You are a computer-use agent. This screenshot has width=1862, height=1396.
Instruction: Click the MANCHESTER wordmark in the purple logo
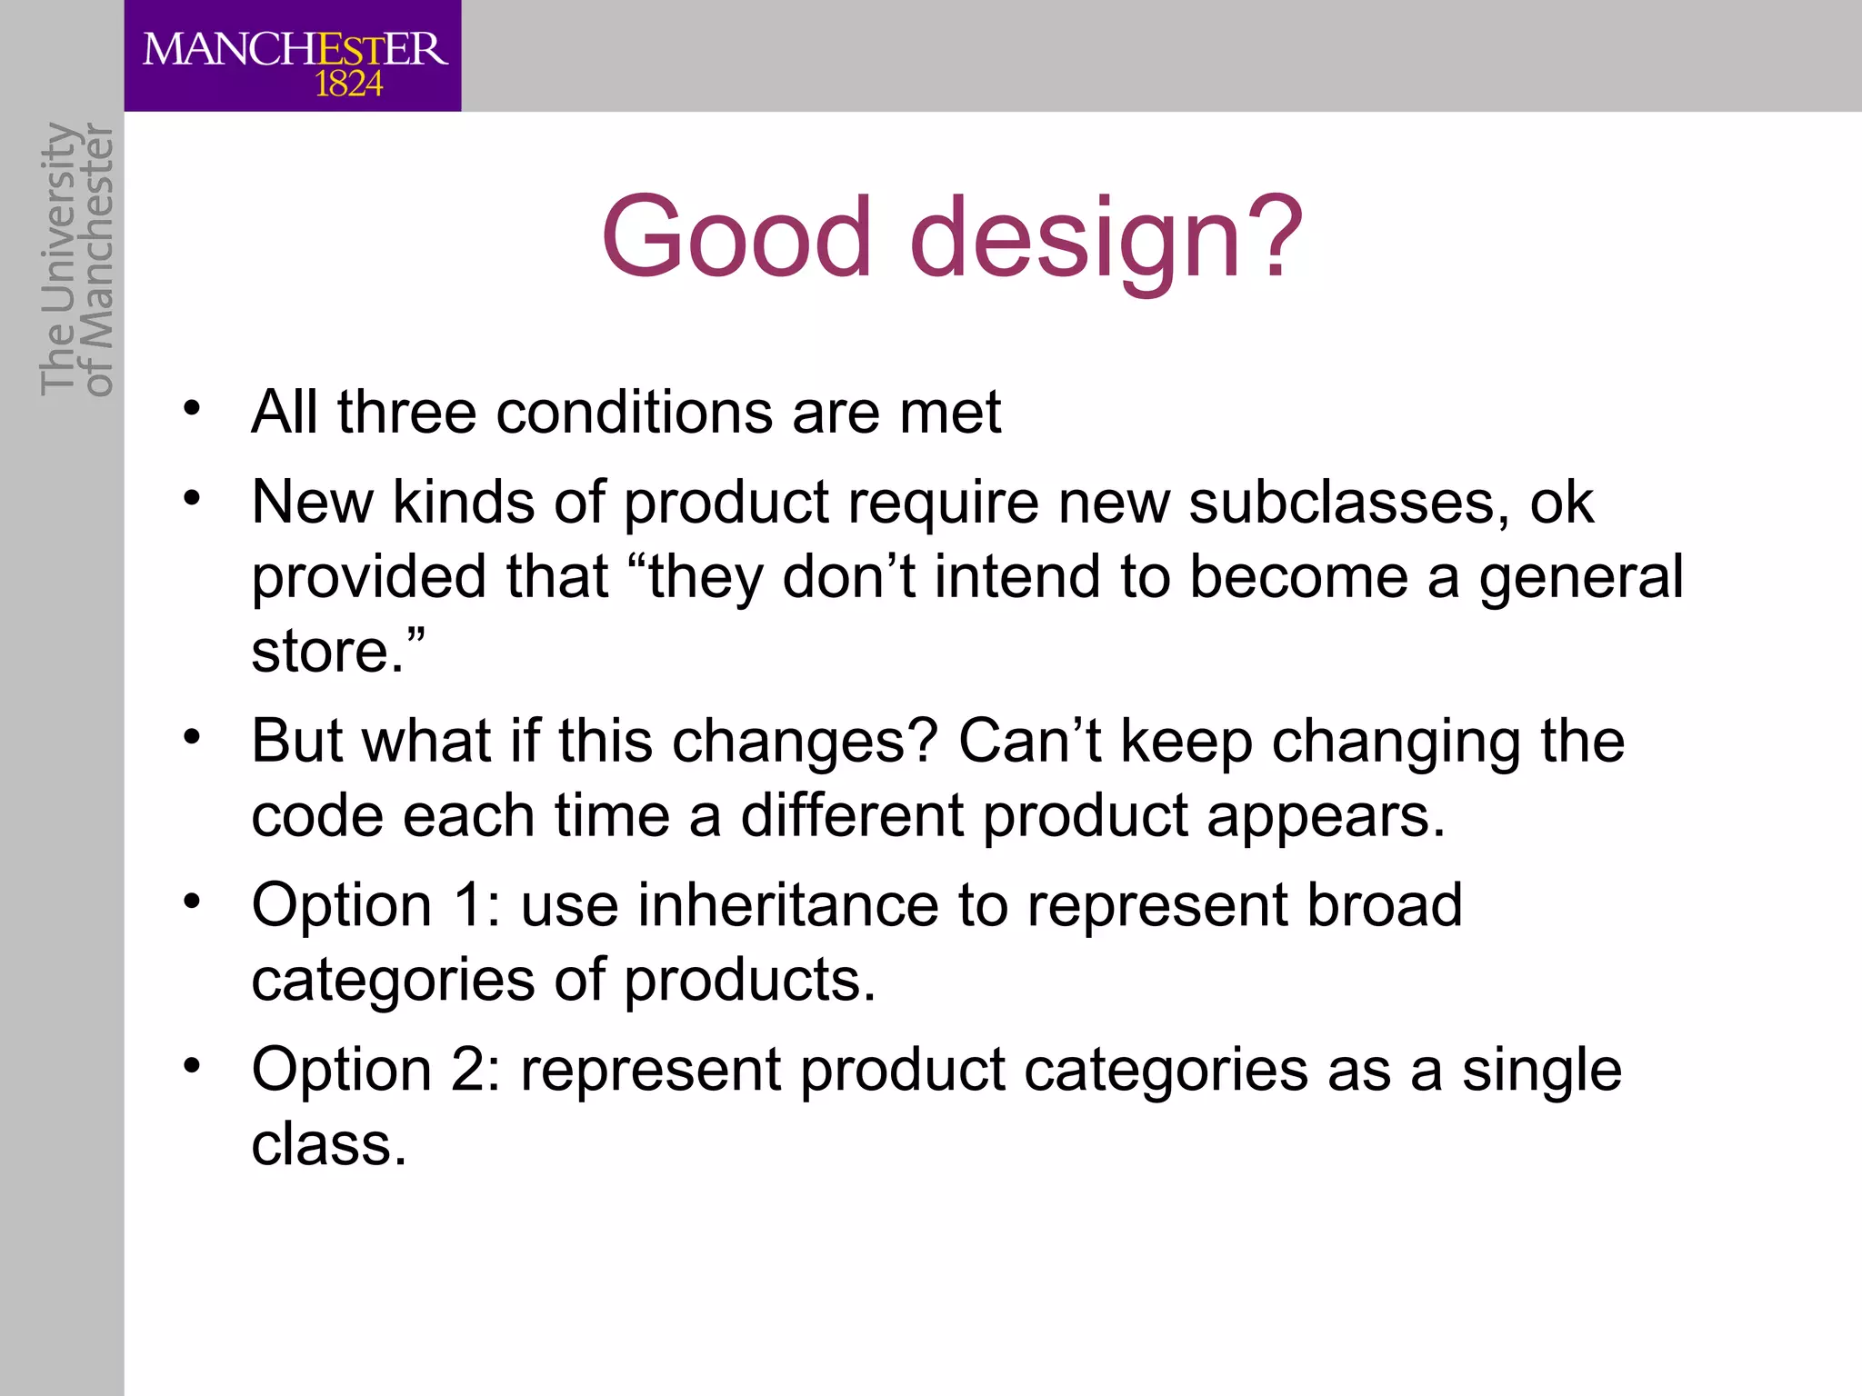[x=295, y=49]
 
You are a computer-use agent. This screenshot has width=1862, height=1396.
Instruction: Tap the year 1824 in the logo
[x=348, y=85]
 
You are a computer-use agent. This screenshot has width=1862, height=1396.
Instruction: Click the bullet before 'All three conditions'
[x=191, y=408]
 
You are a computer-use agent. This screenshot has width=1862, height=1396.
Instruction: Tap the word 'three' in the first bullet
[x=406, y=413]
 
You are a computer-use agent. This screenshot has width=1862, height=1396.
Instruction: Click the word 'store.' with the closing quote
[x=337, y=652]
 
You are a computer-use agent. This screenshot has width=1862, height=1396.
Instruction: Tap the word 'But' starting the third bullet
[x=296, y=741]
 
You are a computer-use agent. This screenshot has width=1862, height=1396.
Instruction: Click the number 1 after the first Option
[x=467, y=906]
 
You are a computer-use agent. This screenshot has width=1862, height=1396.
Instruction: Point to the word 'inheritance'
[x=787, y=906]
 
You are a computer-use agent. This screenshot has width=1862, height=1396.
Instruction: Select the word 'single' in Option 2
[x=1541, y=1070]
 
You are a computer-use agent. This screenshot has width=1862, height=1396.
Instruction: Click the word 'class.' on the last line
[x=328, y=1144]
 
